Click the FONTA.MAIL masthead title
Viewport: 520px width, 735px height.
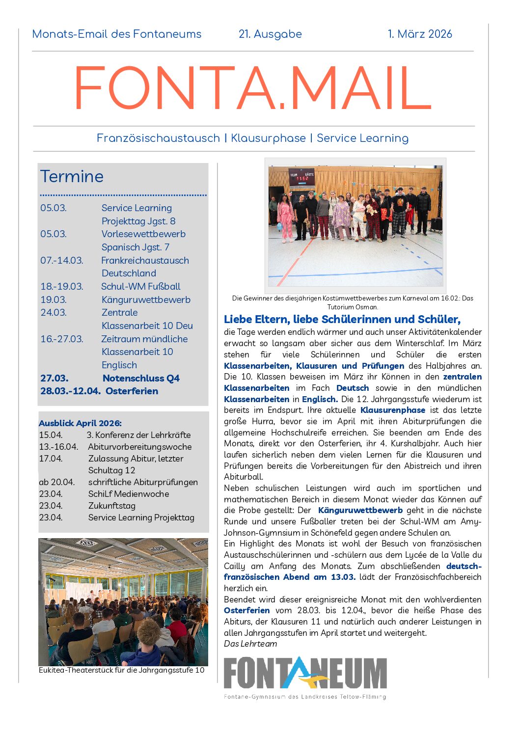tap(252, 88)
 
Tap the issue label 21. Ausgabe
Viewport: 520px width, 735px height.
tap(270, 34)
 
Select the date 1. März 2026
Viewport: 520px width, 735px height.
tap(419, 34)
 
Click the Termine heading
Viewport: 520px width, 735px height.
tap(72, 176)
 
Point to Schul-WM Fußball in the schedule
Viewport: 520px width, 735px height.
tap(140, 286)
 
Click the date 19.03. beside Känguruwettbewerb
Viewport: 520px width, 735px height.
tap(53, 299)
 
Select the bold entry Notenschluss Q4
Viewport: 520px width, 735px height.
tap(141, 378)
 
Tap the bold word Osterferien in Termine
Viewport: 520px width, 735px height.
tap(132, 391)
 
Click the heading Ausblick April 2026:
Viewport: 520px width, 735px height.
tap(80, 423)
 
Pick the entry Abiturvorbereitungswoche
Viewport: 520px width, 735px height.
tap(139, 447)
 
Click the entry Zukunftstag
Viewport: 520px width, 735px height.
tap(111, 506)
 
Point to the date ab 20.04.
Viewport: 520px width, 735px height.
tap(56, 482)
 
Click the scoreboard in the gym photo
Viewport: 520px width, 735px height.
tap(302, 177)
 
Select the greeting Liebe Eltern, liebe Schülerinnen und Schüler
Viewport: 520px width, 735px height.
tap(342, 320)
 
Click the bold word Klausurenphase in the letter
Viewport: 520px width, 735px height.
tap(392, 410)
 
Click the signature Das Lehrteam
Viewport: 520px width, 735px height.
tap(250, 644)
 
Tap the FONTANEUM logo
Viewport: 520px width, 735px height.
tap(305, 674)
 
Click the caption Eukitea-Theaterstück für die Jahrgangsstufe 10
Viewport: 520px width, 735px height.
tap(121, 670)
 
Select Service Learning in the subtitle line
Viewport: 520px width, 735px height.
tap(362, 138)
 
